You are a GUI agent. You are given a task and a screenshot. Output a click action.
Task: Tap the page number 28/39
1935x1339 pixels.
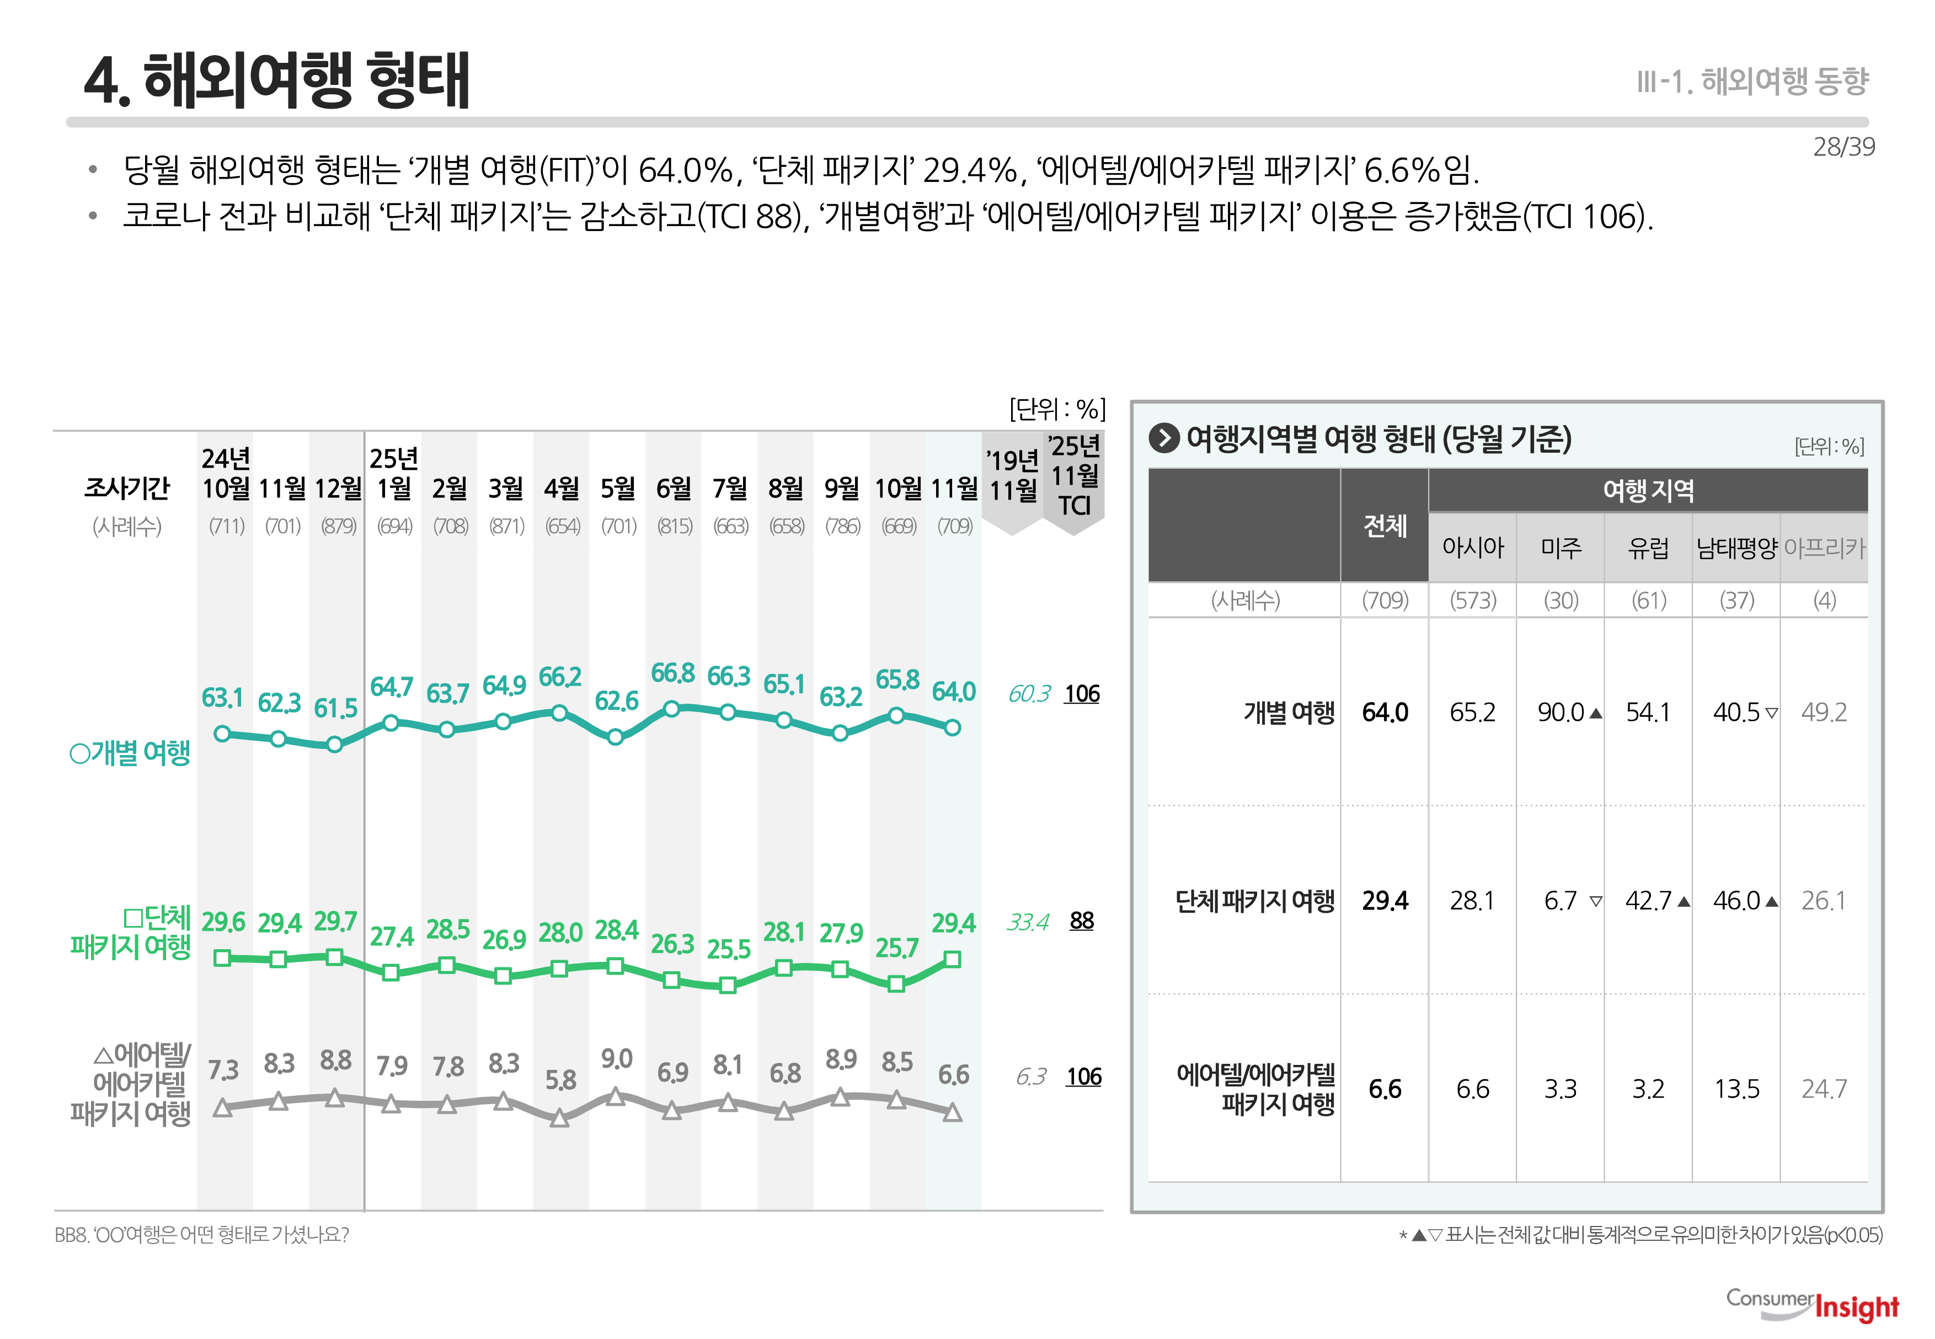pyautogui.click(x=1843, y=147)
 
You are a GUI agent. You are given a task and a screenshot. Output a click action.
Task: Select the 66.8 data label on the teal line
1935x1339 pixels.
pyautogui.click(x=672, y=673)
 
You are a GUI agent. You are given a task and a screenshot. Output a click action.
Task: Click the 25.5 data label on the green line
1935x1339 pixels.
pyautogui.click(x=728, y=949)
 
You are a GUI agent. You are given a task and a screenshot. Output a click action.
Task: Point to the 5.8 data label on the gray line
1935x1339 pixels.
pyautogui.click(x=560, y=1080)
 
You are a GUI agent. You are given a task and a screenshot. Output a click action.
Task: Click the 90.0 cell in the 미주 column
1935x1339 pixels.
pyautogui.click(x=1560, y=713)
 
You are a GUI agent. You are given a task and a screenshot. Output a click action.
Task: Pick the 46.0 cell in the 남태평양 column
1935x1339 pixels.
pyautogui.click(x=1736, y=900)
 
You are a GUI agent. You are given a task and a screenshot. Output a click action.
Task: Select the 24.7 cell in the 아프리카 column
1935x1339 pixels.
pyautogui.click(x=1824, y=1089)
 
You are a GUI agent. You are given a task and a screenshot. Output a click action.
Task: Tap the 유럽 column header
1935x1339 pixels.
pyautogui.click(x=1648, y=548)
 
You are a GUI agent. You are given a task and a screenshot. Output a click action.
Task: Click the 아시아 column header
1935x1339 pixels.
pyautogui.click(x=1473, y=548)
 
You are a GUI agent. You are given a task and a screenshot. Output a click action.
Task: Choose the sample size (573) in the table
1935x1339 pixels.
pyautogui.click(x=1473, y=600)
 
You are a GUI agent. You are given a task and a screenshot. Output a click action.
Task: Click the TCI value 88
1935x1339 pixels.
pyautogui.click(x=1082, y=920)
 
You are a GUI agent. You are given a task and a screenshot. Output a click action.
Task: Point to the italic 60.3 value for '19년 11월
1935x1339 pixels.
pyautogui.click(x=1029, y=694)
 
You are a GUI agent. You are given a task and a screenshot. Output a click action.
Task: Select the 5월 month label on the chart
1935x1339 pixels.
pyautogui.click(x=618, y=488)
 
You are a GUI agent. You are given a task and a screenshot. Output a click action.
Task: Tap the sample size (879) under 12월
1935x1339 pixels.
pyautogui.click(x=338, y=526)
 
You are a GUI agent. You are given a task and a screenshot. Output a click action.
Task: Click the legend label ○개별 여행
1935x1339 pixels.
pyautogui.click(x=130, y=753)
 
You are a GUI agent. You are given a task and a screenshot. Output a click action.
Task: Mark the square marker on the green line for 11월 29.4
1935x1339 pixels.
pyautogui.click(x=953, y=959)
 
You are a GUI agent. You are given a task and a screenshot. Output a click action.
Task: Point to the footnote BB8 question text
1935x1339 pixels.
pyautogui.click(x=201, y=1235)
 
